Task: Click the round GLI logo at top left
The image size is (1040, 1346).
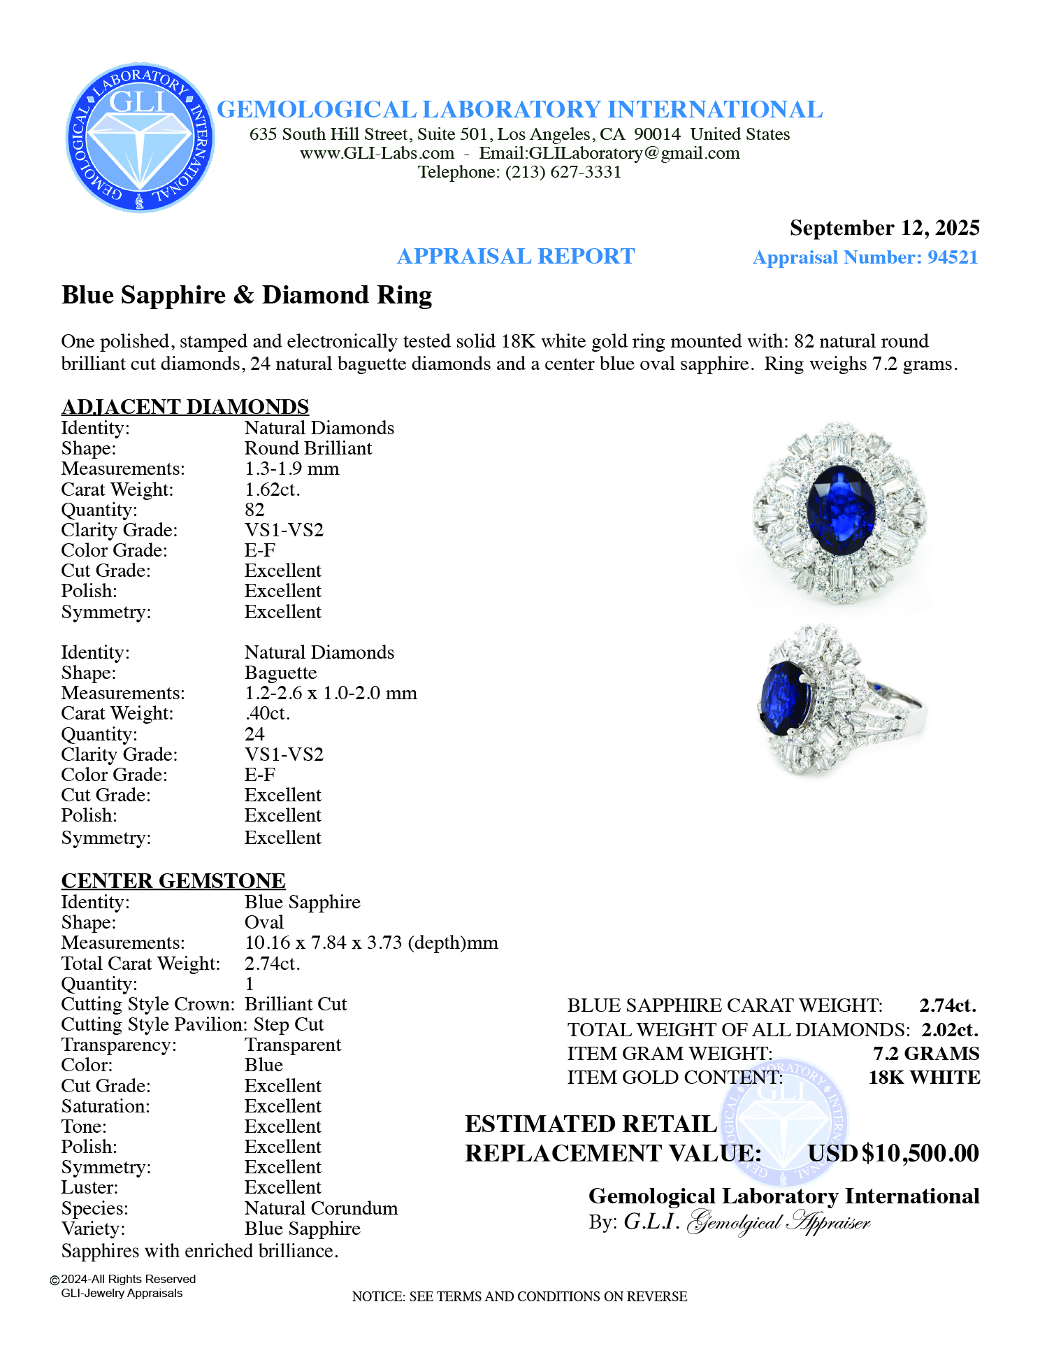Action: [140, 138]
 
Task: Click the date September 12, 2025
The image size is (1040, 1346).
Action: [884, 228]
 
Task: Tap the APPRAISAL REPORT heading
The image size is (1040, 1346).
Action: [516, 257]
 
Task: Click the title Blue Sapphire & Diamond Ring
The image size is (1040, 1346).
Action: [247, 295]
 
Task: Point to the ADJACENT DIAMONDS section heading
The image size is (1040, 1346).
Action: [185, 406]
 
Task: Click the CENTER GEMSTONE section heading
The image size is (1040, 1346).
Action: [173, 880]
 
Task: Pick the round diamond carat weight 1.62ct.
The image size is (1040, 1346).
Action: [273, 489]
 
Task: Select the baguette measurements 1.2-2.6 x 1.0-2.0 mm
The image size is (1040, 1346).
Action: [331, 693]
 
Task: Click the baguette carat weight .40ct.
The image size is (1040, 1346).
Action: [268, 713]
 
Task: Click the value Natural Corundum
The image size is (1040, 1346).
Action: [321, 1208]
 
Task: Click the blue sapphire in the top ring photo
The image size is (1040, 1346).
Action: [841, 510]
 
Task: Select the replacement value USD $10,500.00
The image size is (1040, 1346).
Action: [893, 1154]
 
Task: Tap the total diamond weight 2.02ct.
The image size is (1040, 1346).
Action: [950, 1029]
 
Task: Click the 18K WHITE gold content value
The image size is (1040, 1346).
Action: [924, 1077]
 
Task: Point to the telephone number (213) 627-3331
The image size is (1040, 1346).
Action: [563, 172]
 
